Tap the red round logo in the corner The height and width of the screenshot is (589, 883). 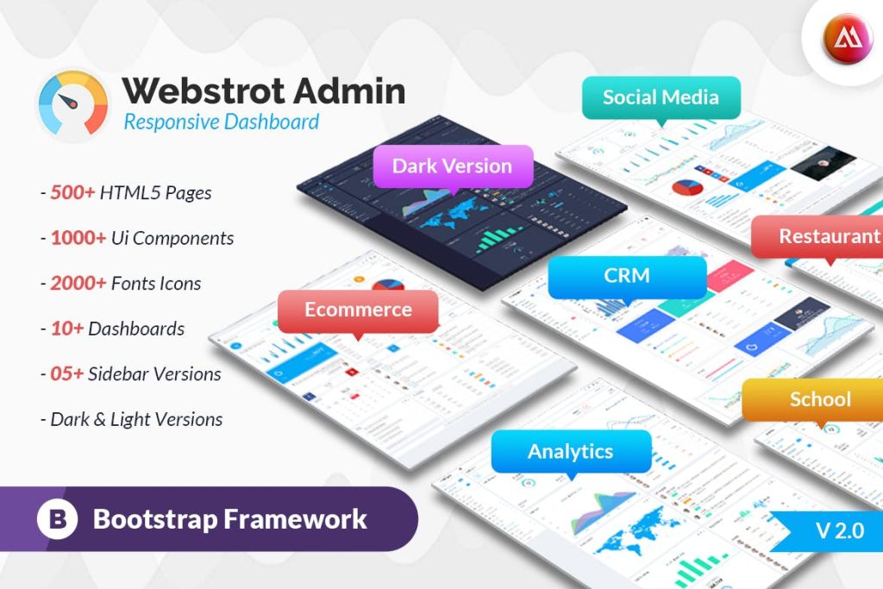point(847,38)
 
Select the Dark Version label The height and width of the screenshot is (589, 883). point(452,166)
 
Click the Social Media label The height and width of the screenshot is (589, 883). point(661,97)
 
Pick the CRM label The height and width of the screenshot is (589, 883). point(627,277)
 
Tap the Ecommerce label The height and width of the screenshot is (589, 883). point(358,310)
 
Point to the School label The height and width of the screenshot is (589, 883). point(819,398)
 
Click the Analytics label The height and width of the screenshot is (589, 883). point(570,450)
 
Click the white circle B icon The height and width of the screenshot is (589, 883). point(58,519)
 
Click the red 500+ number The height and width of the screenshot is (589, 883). point(72,192)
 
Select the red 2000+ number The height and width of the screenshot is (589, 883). point(78,283)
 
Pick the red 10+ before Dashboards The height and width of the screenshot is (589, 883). point(66,329)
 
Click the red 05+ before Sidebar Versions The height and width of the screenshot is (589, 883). point(68,373)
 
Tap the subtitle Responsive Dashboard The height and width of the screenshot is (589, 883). point(221,122)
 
